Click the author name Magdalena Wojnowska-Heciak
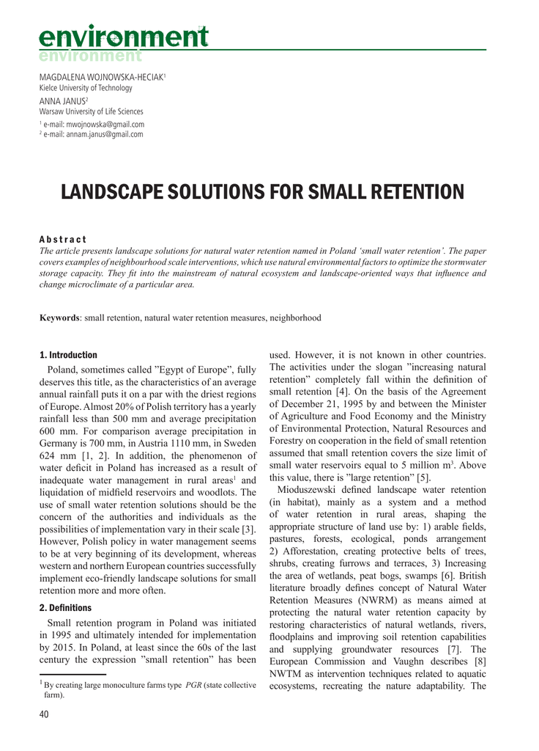102,77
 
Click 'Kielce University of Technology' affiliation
86,88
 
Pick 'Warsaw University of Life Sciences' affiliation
91,111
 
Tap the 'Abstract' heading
63,240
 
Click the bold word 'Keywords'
59,318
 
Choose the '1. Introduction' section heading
68,355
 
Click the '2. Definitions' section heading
65,608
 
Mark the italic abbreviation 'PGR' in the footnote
194,686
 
